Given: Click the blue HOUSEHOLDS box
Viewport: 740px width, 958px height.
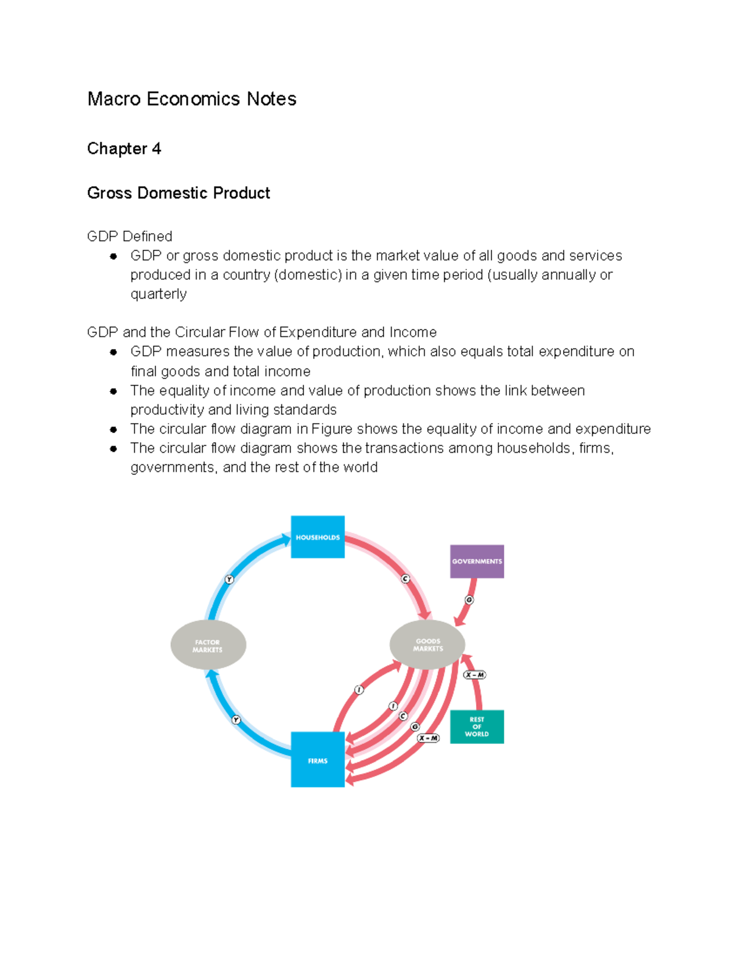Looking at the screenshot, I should (318, 537).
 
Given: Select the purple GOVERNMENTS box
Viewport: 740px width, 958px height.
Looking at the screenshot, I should (477, 561).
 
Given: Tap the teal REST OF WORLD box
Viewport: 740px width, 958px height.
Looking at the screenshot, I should (477, 727).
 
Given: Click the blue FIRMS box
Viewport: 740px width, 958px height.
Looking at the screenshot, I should (318, 759).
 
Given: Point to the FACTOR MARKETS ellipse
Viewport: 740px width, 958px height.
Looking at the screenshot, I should (208, 645).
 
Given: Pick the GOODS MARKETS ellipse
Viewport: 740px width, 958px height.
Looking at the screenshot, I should (427, 645).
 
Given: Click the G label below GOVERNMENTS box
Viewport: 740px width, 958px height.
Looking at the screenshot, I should (469, 600).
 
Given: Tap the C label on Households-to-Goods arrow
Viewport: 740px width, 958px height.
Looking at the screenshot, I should (406, 579).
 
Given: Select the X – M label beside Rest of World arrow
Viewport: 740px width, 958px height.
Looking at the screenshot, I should (475, 675).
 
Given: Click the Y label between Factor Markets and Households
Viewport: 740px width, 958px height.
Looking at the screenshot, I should (229, 579).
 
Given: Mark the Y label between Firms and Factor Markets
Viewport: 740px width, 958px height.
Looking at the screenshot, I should (236, 720).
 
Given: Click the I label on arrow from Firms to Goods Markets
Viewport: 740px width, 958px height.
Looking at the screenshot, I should (359, 690).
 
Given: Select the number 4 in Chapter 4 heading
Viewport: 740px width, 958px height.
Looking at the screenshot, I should (157, 149).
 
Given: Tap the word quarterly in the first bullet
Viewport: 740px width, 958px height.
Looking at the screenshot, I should (158, 294).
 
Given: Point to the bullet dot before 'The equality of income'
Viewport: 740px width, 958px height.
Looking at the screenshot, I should (113, 391).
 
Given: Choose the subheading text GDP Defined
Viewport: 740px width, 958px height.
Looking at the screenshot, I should (129, 236).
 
